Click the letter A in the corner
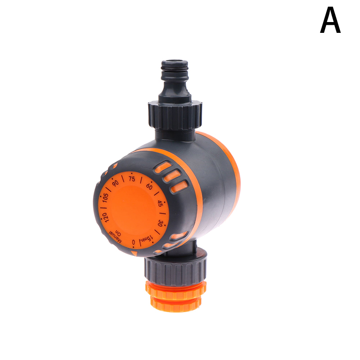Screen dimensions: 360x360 pyautogui.click(x=330, y=20)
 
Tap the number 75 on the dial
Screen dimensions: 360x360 pyautogui.click(x=132, y=179)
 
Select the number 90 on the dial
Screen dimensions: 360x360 pyautogui.click(x=115, y=183)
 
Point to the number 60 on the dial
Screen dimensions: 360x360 pyautogui.click(x=149, y=186)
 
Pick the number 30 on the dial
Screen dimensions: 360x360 pyautogui.click(x=161, y=223)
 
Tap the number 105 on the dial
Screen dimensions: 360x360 pyautogui.click(x=105, y=198)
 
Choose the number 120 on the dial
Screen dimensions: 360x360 pyautogui.click(x=105, y=217)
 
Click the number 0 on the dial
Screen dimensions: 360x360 pyautogui.click(x=133, y=243)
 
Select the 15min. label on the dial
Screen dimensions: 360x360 pyautogui.click(x=148, y=238)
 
